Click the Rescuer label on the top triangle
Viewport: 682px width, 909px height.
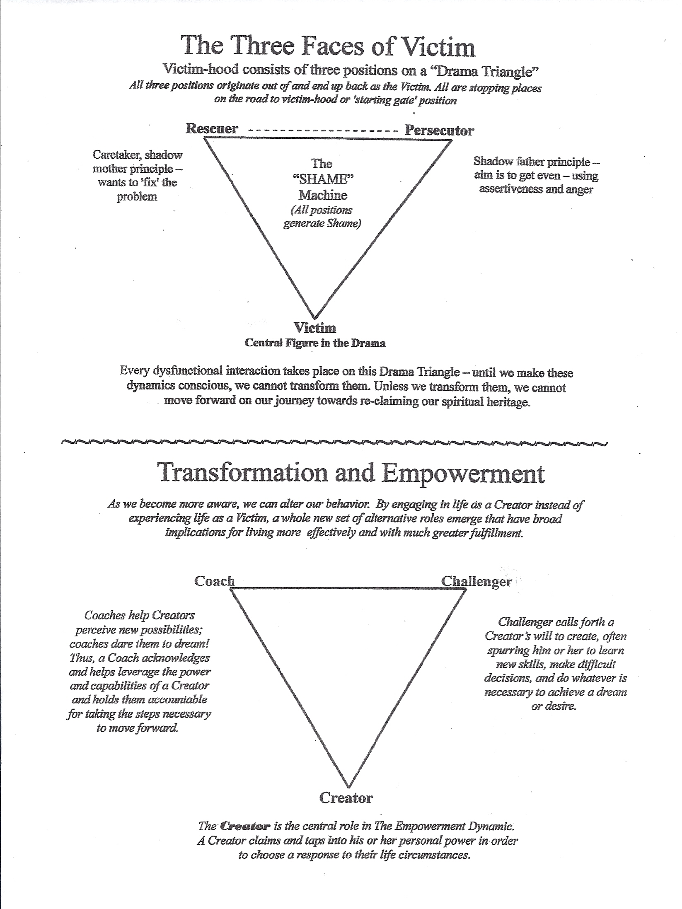(212, 128)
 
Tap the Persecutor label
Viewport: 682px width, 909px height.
(439, 131)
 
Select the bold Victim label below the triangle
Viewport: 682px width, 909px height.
(315, 328)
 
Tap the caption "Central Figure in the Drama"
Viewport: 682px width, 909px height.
(315, 343)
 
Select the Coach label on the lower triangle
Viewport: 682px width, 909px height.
(214, 581)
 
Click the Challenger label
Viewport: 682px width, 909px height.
(476, 581)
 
